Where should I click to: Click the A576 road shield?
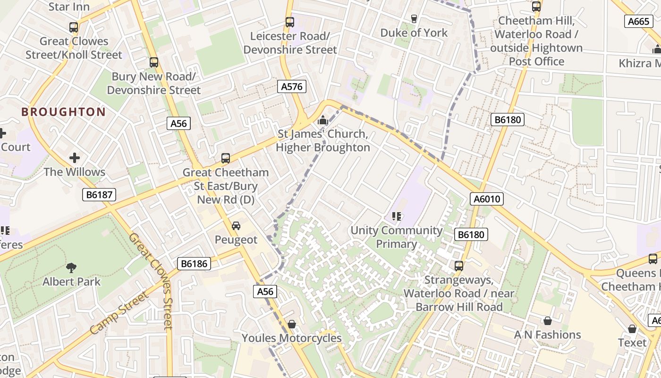point(291,86)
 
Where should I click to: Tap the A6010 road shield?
point(487,199)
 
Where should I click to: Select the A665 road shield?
point(639,21)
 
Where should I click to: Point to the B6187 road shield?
point(99,194)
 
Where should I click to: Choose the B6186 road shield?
point(194,264)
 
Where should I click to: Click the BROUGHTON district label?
point(63,112)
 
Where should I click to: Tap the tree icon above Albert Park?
point(71,268)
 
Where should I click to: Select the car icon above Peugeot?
point(236,226)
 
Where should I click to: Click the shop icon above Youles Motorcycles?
point(291,324)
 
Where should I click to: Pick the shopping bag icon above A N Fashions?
point(547,321)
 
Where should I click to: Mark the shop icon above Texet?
point(632,329)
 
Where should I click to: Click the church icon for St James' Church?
point(323,120)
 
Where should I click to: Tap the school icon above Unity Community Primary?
point(397,216)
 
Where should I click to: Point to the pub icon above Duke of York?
point(414,19)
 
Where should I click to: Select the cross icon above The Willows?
point(75,158)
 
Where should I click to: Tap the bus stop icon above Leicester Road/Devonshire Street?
point(290,22)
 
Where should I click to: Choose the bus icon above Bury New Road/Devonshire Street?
point(153,62)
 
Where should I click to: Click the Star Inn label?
point(69,7)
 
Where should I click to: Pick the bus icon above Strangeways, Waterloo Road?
point(458,266)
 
